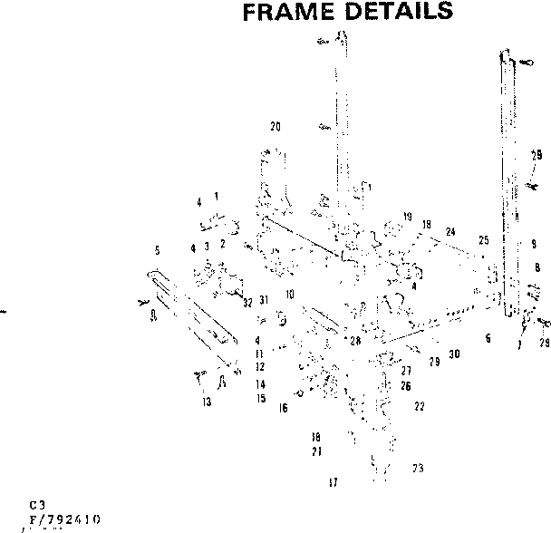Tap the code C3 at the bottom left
coord(36,504)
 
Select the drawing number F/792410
coord(64,518)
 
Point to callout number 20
coord(275,126)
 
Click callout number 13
coord(207,402)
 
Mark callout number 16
coord(283,409)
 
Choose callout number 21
coord(316,451)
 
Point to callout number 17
coord(333,482)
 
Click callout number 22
coord(419,407)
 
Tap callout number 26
coord(405,386)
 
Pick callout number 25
coord(483,240)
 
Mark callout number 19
coord(407,217)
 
